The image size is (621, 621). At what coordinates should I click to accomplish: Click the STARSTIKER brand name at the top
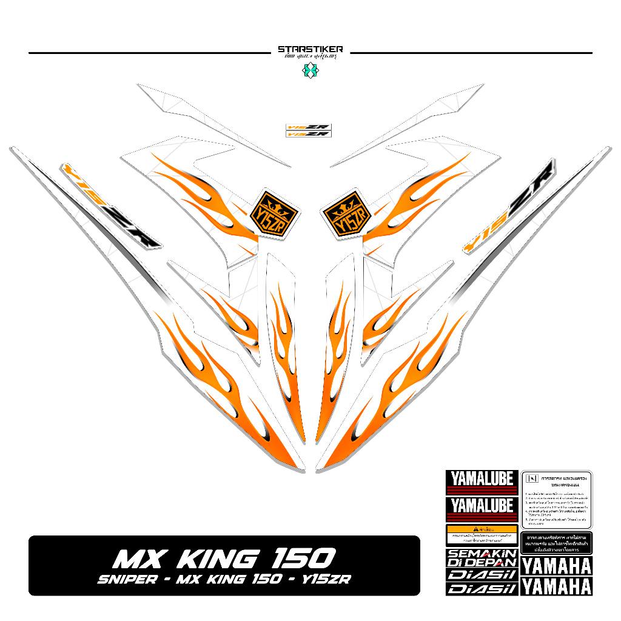(x=310, y=49)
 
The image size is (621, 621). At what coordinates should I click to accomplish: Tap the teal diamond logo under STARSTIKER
(x=310, y=70)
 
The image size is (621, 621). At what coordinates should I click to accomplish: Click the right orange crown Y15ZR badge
(x=344, y=212)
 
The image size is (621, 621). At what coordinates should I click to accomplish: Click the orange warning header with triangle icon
(x=482, y=529)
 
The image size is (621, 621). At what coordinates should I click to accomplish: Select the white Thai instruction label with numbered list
(x=556, y=499)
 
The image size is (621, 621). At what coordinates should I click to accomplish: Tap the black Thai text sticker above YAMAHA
(x=556, y=544)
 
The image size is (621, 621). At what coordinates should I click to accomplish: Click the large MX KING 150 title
(x=225, y=557)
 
